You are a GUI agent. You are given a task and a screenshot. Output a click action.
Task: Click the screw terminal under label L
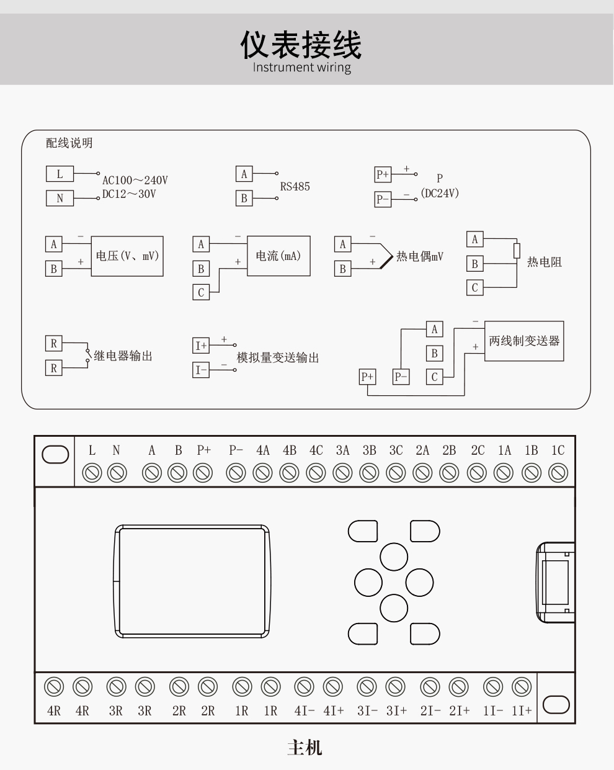[92, 473]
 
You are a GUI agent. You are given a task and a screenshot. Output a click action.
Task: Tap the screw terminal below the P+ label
[203, 473]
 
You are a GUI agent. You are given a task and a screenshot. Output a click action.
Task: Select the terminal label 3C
[396, 450]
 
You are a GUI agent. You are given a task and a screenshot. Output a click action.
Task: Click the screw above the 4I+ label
[333, 687]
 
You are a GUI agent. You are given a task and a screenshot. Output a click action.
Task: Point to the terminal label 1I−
[493, 711]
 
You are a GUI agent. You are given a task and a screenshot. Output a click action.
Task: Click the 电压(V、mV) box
[128, 256]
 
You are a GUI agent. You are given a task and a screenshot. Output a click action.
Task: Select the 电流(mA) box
[278, 256]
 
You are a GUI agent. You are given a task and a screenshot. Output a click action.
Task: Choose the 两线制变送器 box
[524, 341]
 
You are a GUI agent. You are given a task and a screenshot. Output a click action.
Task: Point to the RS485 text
[295, 187]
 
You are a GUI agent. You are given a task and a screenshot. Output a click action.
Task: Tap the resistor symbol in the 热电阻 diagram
[517, 251]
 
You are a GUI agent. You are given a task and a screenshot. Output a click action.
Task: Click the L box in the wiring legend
[60, 174]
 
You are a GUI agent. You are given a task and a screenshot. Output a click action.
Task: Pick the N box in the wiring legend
[60, 198]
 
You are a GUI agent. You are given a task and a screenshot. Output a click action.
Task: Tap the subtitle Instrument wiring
[302, 68]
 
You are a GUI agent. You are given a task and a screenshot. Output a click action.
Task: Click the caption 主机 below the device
[305, 748]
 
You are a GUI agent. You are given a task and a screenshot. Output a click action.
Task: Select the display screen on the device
[192, 581]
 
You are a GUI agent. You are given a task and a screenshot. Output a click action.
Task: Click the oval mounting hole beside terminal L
[55, 455]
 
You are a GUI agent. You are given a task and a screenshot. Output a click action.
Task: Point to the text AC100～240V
[135, 181]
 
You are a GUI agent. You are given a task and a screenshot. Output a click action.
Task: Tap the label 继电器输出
[123, 356]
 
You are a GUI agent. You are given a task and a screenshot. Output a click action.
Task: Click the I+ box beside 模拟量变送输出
[201, 346]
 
